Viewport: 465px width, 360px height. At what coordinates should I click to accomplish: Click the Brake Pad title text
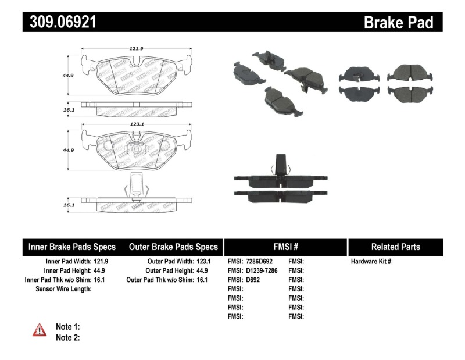[x=398, y=23]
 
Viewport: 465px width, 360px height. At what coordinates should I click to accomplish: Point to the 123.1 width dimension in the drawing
[x=137, y=124]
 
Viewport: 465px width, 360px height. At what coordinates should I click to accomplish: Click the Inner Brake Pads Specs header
[x=71, y=247]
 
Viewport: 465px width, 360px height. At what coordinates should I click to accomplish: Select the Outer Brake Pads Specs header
[x=173, y=247]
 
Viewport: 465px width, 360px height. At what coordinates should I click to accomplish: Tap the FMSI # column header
[x=285, y=247]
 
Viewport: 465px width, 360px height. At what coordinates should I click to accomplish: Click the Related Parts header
[x=395, y=247]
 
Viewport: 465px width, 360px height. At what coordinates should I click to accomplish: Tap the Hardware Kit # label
[x=372, y=262]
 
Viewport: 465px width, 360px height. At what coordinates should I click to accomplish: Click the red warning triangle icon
[x=39, y=330]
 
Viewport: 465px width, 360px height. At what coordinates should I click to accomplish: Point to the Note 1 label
[x=67, y=327]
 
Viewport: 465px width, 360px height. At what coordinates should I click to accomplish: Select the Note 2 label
[x=67, y=337]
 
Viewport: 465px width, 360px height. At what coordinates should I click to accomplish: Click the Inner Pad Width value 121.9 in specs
[x=102, y=262]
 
